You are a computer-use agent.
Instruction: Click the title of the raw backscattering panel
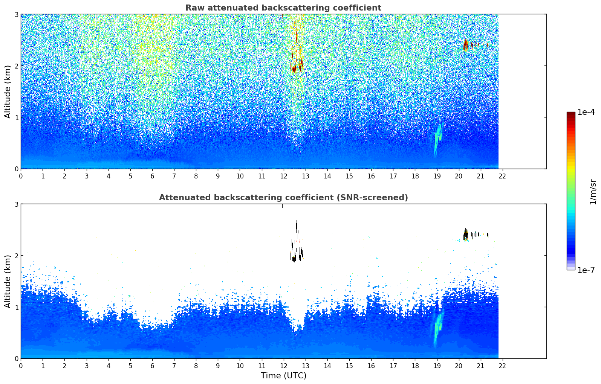(283, 8)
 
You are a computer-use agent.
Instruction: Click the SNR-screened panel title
(283, 198)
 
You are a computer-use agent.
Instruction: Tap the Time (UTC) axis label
(283, 376)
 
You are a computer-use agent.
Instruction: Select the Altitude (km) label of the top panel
(8, 91)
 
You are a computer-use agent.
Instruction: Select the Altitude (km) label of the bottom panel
(8, 281)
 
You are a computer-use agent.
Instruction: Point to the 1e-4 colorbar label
(586, 112)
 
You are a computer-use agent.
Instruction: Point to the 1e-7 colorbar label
(586, 270)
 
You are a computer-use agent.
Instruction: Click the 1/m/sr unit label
(593, 192)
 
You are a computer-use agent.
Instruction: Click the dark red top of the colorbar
(571, 114)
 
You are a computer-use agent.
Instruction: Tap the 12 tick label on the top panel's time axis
(283, 176)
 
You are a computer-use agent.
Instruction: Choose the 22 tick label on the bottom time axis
(502, 366)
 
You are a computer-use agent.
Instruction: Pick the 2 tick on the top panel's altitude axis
(16, 66)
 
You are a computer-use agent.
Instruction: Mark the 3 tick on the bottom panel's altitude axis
(16, 204)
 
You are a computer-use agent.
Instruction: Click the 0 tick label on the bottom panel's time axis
(21, 366)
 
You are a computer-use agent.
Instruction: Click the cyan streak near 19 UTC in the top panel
(437, 139)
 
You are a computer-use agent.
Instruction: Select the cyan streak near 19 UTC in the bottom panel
(437, 328)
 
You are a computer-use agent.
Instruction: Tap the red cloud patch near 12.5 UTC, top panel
(294, 69)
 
